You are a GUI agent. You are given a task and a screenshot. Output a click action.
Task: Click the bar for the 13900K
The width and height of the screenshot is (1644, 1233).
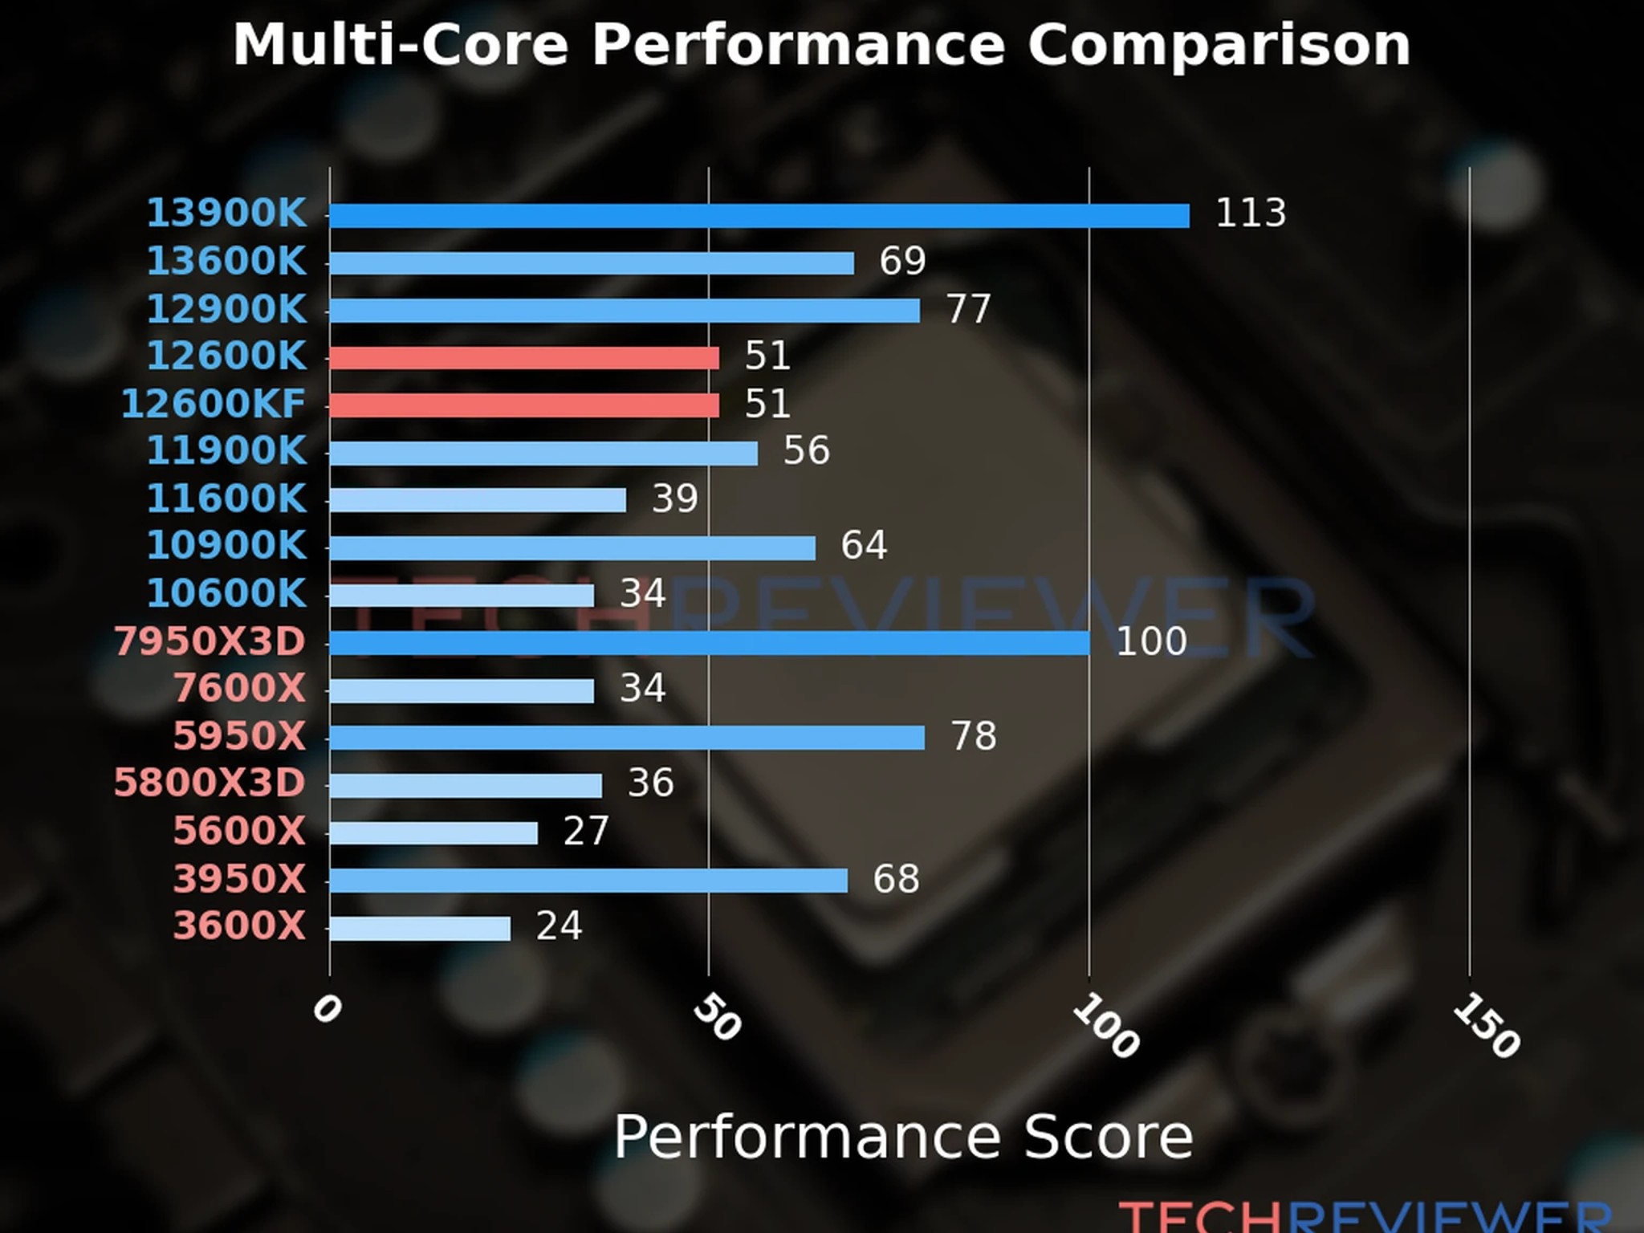tap(759, 216)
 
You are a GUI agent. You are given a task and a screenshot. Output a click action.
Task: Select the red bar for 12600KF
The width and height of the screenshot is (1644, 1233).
tap(524, 405)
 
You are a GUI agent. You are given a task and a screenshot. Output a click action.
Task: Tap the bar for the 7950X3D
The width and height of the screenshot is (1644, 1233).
tap(710, 643)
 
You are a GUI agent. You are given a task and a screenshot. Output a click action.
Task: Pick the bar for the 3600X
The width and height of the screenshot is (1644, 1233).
tap(420, 929)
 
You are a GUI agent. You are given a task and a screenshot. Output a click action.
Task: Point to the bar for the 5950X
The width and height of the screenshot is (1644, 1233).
tap(627, 738)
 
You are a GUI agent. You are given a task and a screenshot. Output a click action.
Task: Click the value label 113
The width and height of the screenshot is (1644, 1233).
tap(1251, 213)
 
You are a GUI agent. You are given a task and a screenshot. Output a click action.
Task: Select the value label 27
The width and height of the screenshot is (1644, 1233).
tap(586, 831)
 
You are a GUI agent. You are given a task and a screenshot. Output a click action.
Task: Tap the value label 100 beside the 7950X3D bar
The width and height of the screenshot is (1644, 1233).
tap(1151, 641)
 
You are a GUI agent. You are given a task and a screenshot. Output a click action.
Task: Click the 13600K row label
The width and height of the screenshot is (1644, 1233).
tap(226, 262)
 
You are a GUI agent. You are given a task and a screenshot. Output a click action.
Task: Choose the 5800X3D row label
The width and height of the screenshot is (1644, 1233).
tap(210, 783)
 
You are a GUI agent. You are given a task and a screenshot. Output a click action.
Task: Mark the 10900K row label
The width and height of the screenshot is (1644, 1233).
tap(226, 546)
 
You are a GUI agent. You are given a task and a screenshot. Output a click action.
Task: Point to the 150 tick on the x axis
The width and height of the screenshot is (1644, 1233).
tap(1486, 1025)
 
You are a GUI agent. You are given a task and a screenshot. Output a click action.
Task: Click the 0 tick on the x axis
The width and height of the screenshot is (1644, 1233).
tap(327, 1009)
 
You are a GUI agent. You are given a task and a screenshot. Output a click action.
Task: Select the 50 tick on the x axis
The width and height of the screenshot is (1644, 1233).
tap(716, 1017)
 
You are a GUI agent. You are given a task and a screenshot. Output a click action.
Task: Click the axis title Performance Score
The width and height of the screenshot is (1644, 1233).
tap(903, 1137)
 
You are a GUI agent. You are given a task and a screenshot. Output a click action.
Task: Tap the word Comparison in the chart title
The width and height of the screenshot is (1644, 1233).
tap(1219, 45)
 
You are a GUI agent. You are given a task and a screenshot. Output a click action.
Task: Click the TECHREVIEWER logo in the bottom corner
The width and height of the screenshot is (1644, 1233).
tap(1365, 1216)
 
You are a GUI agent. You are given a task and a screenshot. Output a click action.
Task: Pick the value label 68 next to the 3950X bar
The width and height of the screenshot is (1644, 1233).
tap(896, 879)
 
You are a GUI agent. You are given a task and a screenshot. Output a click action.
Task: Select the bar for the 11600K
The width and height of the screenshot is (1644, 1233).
tap(478, 500)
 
